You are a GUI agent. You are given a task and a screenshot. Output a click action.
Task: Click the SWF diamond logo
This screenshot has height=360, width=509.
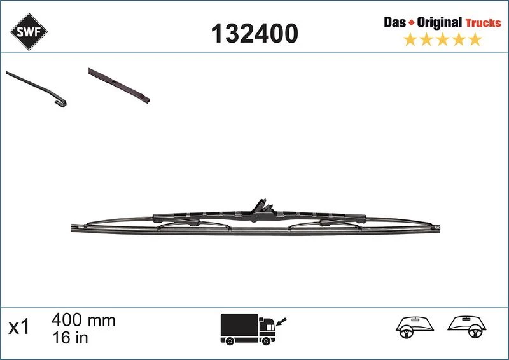click(29, 32)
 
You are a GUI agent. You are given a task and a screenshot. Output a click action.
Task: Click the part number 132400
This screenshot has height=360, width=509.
click(254, 33)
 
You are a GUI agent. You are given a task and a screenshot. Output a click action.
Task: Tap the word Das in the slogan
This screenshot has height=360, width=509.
click(394, 22)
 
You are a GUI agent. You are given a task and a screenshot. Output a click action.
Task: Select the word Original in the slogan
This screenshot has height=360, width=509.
click(439, 22)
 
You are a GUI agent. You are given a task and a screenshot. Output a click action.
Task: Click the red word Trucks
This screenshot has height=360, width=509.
click(484, 23)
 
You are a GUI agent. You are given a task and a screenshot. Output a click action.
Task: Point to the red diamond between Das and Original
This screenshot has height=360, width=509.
click(411, 23)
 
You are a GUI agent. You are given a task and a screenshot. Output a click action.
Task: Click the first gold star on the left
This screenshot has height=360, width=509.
click(410, 39)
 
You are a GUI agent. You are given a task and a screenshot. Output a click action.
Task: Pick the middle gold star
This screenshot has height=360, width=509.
click(442, 39)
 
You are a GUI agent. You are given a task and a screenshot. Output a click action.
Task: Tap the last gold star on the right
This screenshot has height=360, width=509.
click(475, 39)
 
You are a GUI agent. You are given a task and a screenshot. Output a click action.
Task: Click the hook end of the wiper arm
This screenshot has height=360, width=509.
click(61, 102)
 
